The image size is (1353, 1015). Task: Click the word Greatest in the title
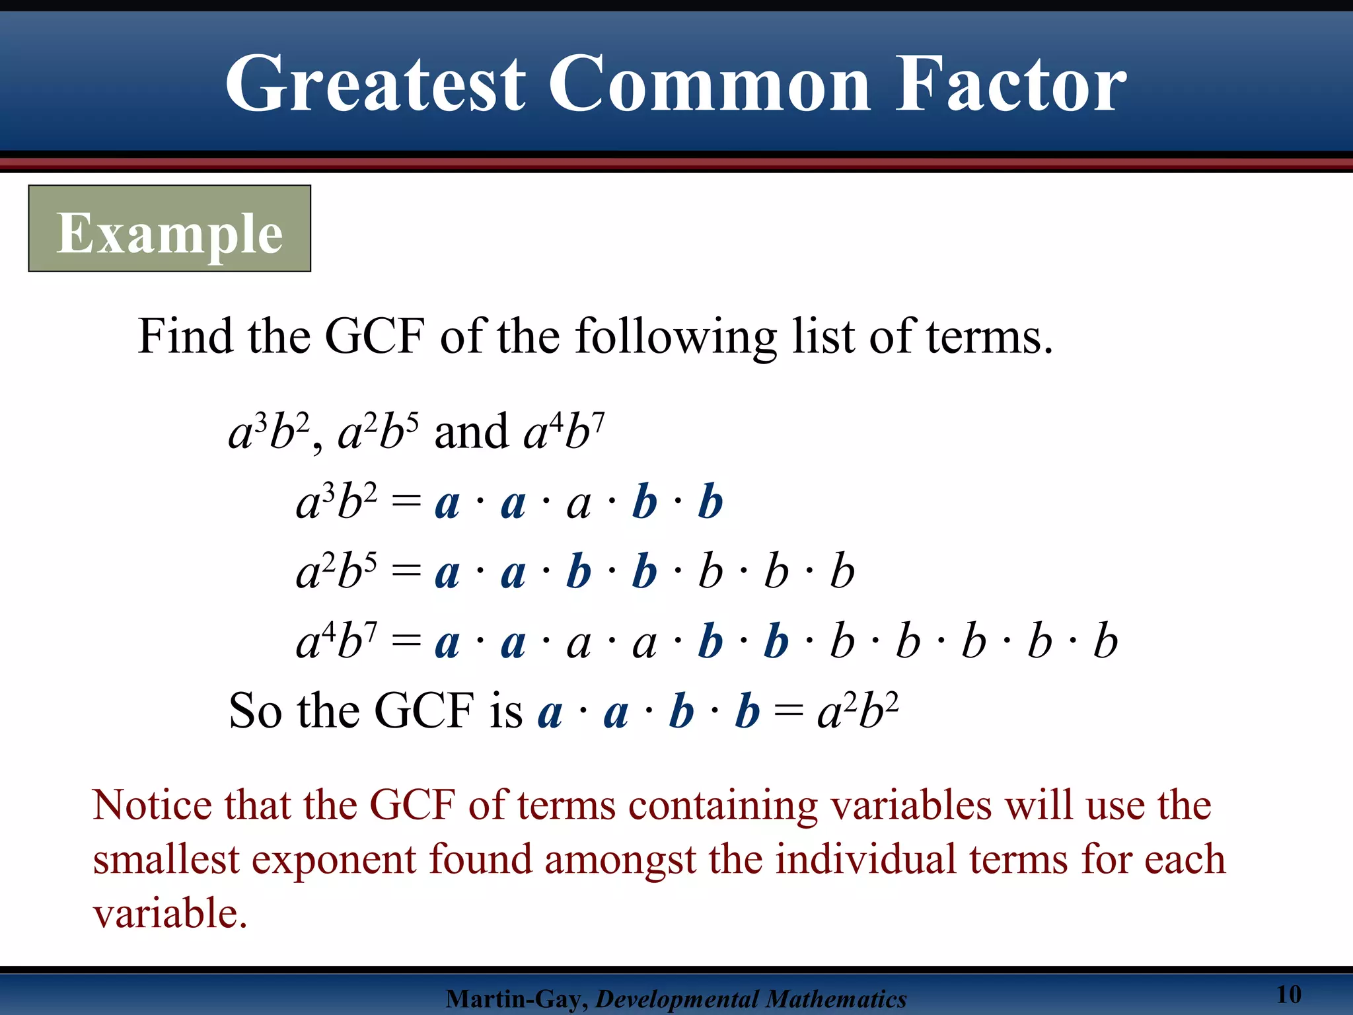click(x=375, y=85)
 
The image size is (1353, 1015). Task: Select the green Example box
click(x=169, y=229)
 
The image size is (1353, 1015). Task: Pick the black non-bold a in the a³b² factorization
click(x=579, y=504)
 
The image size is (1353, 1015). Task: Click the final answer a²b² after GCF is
click(x=858, y=712)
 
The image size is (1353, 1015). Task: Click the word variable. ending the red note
click(x=169, y=915)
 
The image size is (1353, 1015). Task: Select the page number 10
click(x=1288, y=994)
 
